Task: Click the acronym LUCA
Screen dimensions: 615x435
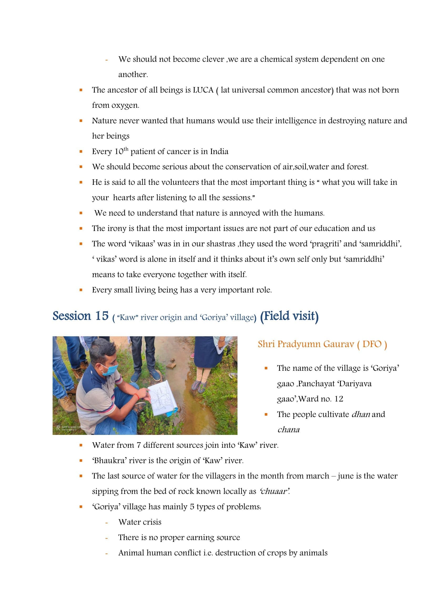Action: point(203,90)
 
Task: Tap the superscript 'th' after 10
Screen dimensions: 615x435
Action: point(126,149)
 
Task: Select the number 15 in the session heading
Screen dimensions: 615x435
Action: point(102,316)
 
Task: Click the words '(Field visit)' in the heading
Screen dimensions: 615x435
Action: point(289,316)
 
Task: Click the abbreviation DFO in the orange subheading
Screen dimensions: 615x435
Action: point(372,344)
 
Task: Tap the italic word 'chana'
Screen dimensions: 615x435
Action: point(289,430)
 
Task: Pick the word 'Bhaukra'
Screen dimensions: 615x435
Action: point(109,460)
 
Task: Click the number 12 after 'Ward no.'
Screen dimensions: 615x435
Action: point(338,399)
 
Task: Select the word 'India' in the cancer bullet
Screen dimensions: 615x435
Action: point(219,152)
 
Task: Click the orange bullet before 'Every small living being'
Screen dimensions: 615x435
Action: point(81,290)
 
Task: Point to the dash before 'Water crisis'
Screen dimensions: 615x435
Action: point(107,522)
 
